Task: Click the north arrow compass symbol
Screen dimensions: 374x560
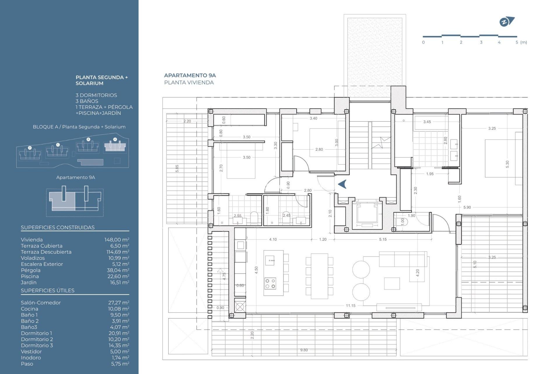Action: tap(507, 22)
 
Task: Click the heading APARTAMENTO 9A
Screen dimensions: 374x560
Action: tap(190, 75)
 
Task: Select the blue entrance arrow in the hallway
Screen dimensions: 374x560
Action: tap(342, 184)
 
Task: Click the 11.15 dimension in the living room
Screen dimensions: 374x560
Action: tap(351, 306)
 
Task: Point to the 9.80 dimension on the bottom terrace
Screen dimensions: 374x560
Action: tap(304, 350)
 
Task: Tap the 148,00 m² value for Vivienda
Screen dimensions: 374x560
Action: tap(117, 240)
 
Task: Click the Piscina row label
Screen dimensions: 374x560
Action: tap(30, 276)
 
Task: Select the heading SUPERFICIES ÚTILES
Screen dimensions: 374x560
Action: tap(48, 290)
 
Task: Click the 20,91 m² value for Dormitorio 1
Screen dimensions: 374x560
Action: tap(119, 333)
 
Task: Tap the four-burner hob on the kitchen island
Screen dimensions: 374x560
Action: tap(270, 283)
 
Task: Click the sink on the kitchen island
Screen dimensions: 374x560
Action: tap(270, 260)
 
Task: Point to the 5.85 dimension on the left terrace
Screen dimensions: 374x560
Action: tap(177, 168)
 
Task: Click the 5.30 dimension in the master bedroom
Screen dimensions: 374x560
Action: tap(507, 164)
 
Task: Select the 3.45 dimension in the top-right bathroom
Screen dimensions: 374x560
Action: tap(427, 122)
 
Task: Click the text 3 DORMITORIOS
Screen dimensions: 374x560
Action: tap(96, 95)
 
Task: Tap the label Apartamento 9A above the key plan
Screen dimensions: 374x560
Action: tap(76, 177)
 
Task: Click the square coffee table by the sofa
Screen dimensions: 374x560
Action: tap(392, 283)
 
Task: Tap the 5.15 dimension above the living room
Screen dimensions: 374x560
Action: tap(383, 239)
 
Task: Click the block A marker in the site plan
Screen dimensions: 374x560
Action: tap(115, 139)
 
